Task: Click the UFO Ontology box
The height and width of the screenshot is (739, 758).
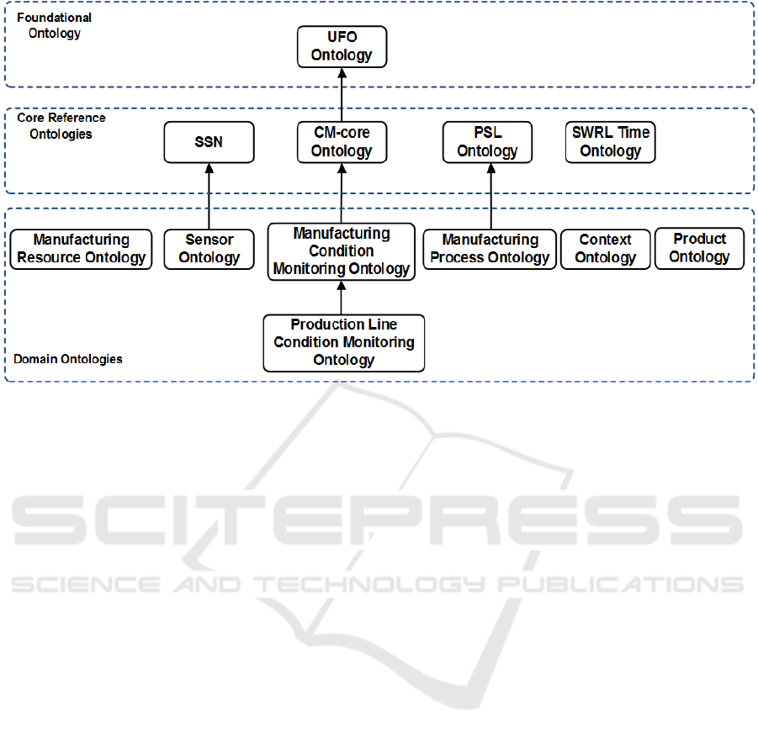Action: pos(342,47)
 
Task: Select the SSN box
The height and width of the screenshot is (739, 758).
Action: pos(209,142)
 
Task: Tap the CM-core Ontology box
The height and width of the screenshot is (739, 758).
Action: pos(342,142)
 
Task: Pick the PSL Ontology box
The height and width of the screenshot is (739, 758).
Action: pos(488,142)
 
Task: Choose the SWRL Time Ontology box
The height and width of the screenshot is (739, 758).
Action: pos(611,142)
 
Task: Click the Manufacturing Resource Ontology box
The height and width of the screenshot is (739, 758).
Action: pos(82,249)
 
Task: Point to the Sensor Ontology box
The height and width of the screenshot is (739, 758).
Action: pos(209,249)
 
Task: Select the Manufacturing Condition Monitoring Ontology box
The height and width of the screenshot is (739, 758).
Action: pos(342,251)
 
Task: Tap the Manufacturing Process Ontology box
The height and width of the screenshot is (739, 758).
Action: pos(490,249)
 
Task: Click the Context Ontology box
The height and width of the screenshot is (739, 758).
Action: pos(606,249)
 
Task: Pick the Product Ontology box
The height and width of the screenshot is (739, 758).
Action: pos(699,248)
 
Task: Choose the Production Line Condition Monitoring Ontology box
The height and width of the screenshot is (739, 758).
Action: pos(343,342)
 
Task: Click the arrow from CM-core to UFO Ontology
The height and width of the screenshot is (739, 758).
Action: pos(342,95)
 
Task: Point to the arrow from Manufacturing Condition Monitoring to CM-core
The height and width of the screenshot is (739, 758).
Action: pos(342,193)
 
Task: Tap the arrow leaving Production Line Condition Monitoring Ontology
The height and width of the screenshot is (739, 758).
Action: pos(342,298)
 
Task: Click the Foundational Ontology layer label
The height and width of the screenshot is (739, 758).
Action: pos(54,25)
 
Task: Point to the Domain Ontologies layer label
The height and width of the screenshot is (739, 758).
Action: pos(67,359)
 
